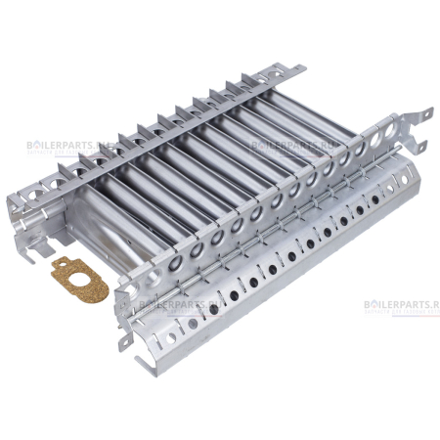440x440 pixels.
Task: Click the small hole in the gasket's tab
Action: [x=59, y=263]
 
